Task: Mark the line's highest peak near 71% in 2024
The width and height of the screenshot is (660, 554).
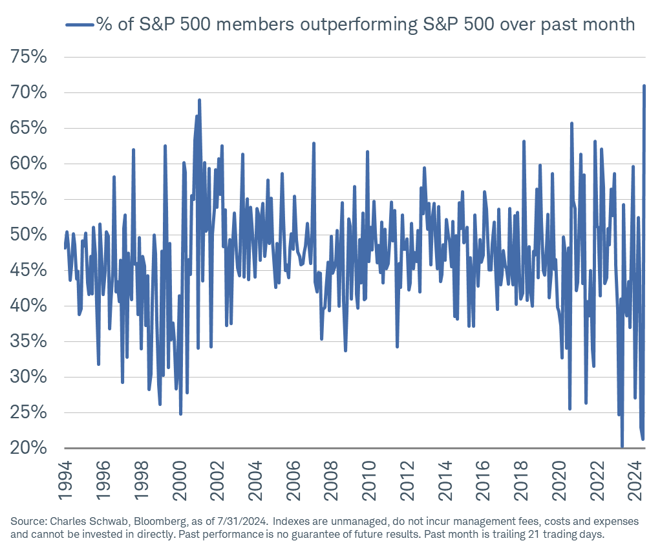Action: tap(644, 85)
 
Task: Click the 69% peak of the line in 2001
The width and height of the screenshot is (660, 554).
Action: tap(199, 100)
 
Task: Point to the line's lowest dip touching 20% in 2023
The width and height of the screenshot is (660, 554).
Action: tap(622, 446)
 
